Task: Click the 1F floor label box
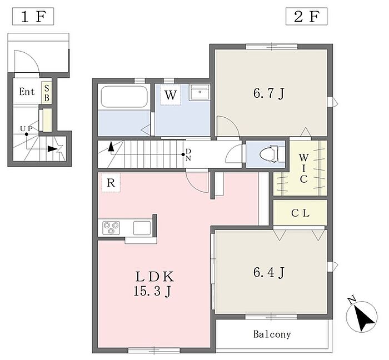point(33,16)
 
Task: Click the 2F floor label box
point(306,16)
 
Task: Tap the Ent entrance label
point(27,92)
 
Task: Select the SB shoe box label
point(47,93)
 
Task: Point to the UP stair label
point(26,129)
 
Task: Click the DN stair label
point(188,154)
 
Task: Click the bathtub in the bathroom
point(124,97)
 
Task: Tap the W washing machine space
point(171,94)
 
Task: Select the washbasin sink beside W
point(200,92)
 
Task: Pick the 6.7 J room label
point(269,94)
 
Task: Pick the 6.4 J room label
point(269,272)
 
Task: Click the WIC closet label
point(303,168)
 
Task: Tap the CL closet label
point(300,213)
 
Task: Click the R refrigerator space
point(111,183)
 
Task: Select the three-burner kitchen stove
point(111,228)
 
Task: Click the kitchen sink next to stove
point(142,228)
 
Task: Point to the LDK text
point(154,277)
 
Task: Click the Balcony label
point(272,334)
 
